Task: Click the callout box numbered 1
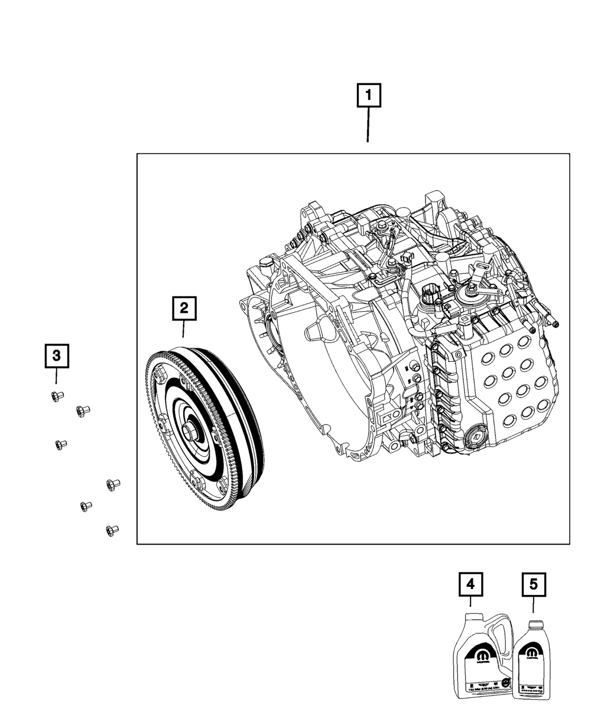[x=368, y=96]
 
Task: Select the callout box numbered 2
[x=184, y=308]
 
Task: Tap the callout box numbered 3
[x=57, y=355]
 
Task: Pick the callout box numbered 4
[x=470, y=584]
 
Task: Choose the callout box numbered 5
[x=534, y=584]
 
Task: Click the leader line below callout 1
[x=368, y=125]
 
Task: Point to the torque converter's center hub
[x=190, y=432]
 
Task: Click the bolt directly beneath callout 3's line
[x=57, y=396]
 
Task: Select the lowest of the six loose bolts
[x=111, y=530]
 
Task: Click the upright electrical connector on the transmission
[x=430, y=293]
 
